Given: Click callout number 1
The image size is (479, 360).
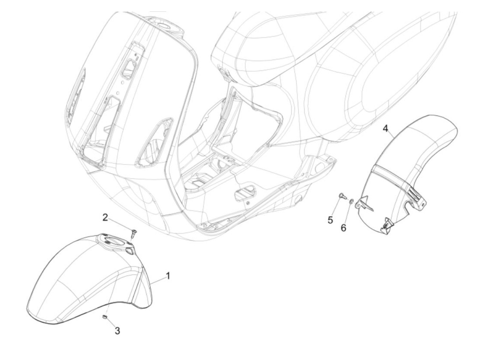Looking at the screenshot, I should [x=168, y=275].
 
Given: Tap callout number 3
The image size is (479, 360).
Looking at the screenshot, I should [x=117, y=331].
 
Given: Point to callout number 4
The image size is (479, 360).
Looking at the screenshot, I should [x=386, y=129].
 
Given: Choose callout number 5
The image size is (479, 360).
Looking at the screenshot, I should [x=330, y=220].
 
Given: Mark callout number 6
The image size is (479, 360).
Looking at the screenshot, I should [x=344, y=228].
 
